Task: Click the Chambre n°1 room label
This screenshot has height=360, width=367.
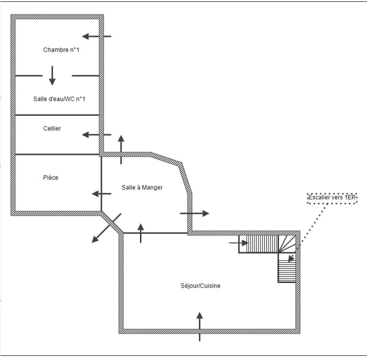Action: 61,50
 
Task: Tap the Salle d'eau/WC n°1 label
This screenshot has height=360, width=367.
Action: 59,99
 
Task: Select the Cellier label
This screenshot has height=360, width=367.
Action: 52,128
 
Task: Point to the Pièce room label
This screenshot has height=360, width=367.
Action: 51,177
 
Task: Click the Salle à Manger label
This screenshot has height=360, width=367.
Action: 142,188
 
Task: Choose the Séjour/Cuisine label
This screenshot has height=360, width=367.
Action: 200,286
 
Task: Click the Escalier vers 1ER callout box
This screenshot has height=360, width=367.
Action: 332,198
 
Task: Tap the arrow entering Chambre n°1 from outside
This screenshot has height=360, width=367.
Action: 96,36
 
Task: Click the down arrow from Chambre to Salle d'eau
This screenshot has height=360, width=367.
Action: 52,76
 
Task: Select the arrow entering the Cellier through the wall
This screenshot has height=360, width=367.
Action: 96,135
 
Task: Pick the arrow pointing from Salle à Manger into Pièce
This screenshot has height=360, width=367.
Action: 101,194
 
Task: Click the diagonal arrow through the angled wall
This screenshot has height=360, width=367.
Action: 106,228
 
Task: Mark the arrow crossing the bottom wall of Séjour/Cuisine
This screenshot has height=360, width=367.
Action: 199,326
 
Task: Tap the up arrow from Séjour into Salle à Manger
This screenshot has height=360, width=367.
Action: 140,233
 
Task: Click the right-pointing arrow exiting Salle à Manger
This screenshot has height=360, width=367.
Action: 194,213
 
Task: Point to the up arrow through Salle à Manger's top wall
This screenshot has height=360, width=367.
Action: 121,149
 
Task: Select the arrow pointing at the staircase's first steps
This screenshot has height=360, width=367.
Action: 239,243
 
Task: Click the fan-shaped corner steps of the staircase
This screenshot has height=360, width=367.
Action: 287,244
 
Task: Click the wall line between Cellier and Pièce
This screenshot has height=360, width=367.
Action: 58,154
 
